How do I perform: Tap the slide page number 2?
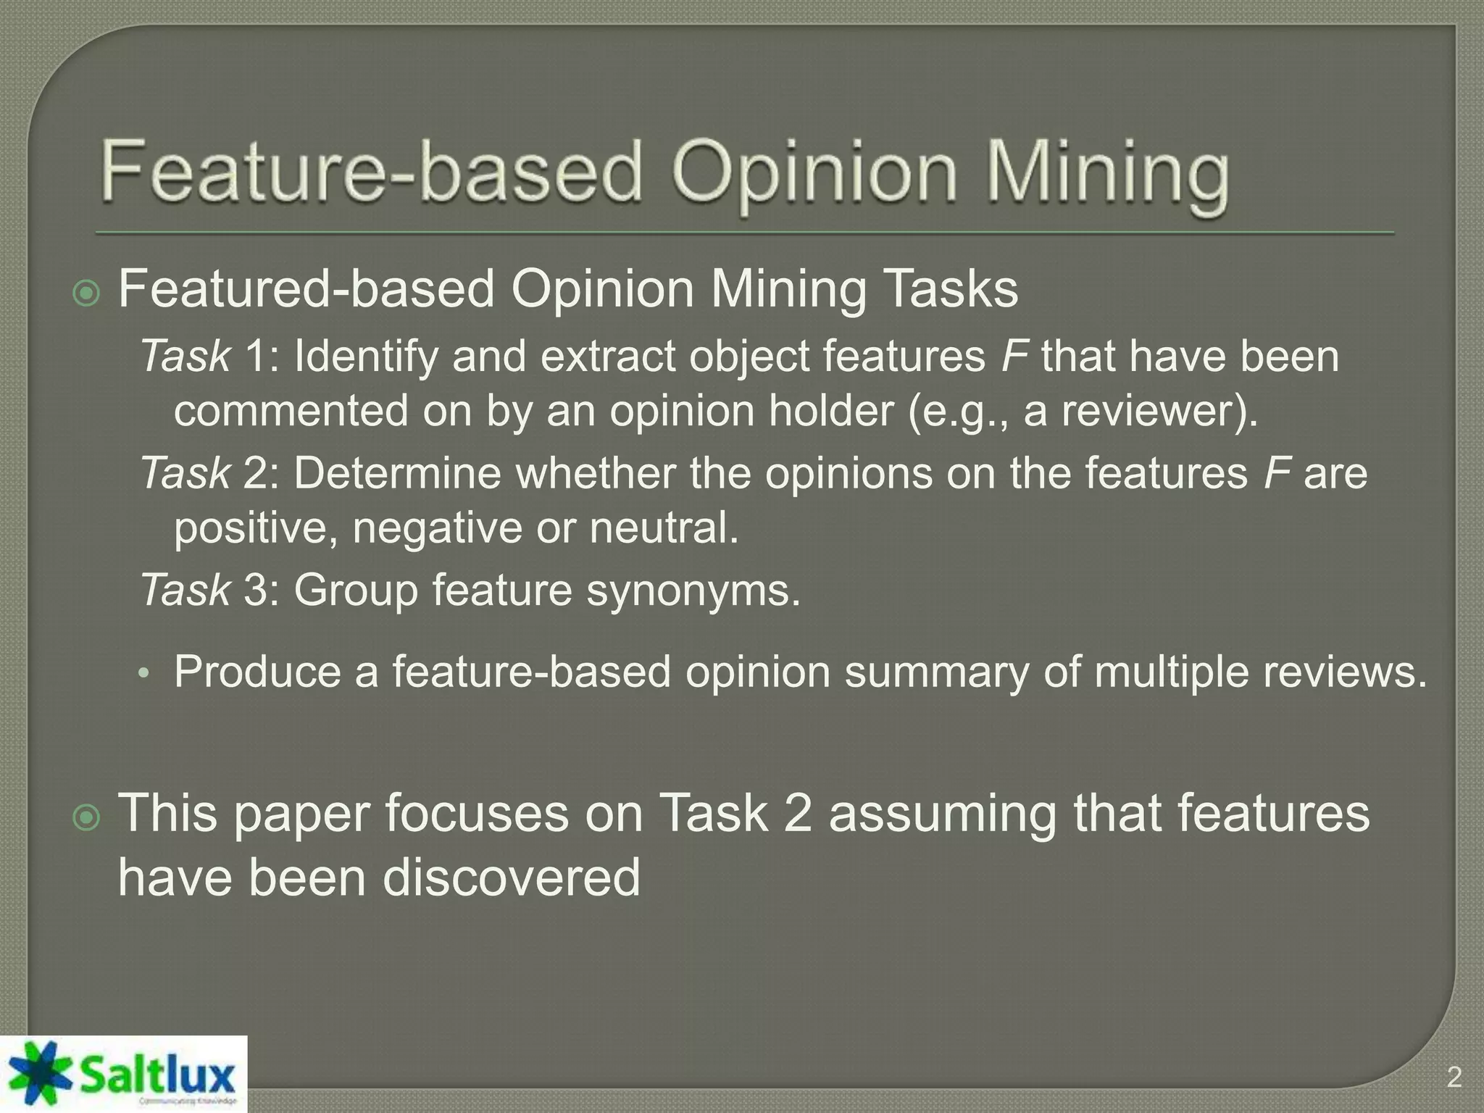coord(1454,1077)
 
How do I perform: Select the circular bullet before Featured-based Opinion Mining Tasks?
coord(87,293)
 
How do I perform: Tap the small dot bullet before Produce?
coord(143,675)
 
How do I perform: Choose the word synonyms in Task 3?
coord(693,590)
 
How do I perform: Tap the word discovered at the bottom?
coord(512,877)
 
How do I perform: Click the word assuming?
coord(943,813)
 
